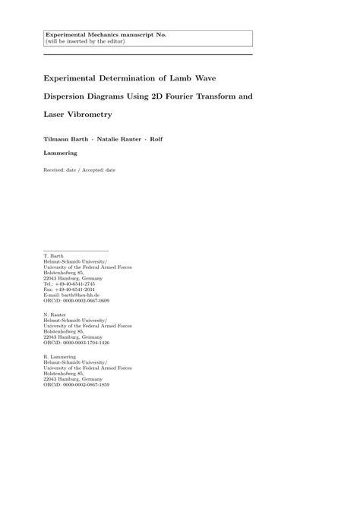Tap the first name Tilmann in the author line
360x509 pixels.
pos(57,138)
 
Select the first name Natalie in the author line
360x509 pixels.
pos(111,138)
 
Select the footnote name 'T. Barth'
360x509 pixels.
pos(54,256)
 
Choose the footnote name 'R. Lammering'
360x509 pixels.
pos(60,357)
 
